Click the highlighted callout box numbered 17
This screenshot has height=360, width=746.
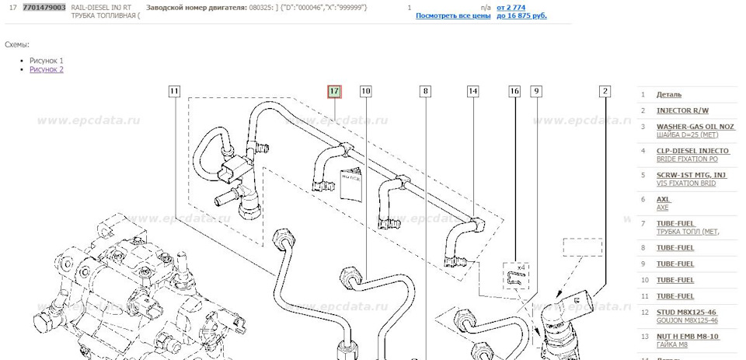coord(334,92)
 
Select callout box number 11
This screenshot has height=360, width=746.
coord(174,92)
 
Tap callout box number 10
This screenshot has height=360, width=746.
coord(365,92)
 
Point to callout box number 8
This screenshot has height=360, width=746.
coord(424,92)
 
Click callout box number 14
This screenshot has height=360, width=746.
coord(472,92)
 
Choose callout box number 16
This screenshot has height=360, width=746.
coord(514,92)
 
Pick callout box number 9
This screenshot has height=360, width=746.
coord(535,92)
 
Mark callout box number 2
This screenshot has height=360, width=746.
coord(605,92)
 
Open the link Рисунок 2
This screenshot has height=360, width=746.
coord(47,70)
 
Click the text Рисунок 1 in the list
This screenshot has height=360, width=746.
coord(47,61)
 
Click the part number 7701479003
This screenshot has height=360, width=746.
coord(44,7)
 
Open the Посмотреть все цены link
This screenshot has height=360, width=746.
coord(453,16)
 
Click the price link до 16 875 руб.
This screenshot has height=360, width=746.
coord(521,16)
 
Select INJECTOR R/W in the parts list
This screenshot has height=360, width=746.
coord(682,110)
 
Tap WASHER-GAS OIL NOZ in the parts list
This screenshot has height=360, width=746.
coord(695,126)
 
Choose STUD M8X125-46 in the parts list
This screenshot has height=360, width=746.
coord(687,312)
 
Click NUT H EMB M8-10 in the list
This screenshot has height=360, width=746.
coord(688,336)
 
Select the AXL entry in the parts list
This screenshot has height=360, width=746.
coord(664,199)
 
